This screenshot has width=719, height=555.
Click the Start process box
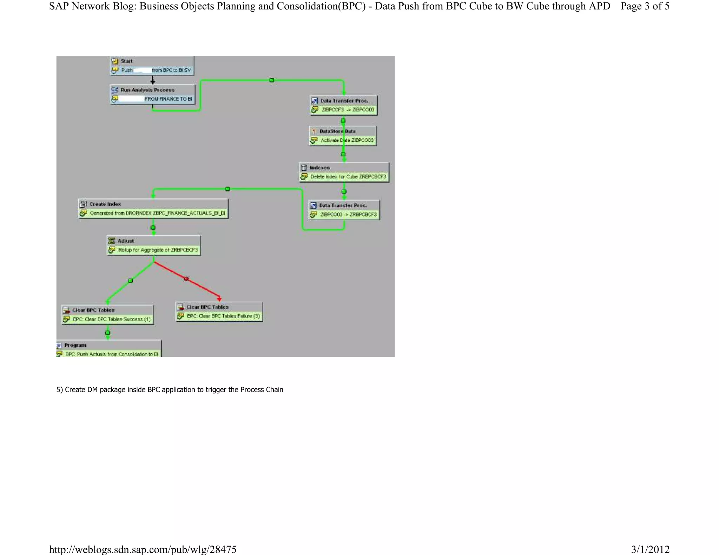tap(152, 66)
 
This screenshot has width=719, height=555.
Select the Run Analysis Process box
tap(152, 94)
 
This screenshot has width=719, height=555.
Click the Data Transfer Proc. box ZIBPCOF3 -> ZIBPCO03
tap(344, 105)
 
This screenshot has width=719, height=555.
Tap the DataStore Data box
tap(343, 136)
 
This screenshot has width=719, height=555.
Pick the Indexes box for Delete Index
tap(344, 172)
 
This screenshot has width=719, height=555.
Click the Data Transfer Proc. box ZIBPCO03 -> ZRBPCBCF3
tap(344, 210)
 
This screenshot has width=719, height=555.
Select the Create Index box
tap(153, 208)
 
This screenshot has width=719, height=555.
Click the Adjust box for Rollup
tap(153, 245)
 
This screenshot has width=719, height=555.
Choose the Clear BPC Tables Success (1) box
tap(107, 314)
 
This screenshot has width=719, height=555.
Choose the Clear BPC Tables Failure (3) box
tap(219, 312)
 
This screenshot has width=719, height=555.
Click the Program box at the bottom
tap(108, 349)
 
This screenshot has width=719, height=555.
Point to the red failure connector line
tap(204, 288)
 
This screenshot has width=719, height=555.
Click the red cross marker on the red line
tap(186, 279)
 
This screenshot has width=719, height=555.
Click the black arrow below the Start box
tap(153, 80)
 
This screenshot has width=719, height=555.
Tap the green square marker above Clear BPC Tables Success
tap(131, 281)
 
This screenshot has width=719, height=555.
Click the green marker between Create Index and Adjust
tap(153, 228)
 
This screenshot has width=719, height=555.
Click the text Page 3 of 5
tap(645, 6)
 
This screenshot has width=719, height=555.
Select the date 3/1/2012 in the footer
tap(650, 549)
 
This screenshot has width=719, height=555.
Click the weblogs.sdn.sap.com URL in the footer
tap(143, 549)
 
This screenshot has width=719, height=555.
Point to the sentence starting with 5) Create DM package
tap(170, 389)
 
